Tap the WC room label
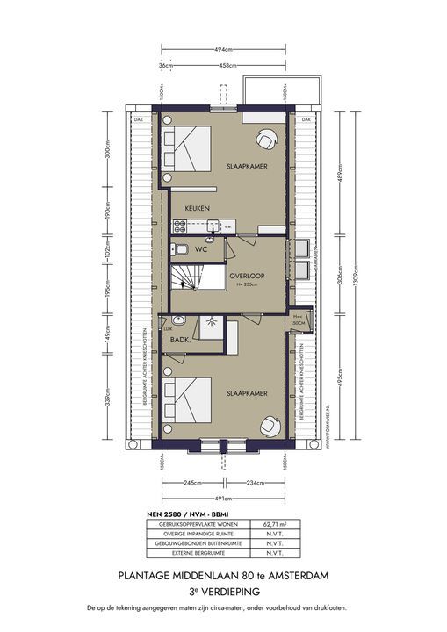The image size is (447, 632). [200, 249]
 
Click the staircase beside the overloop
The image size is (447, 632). [186, 280]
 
